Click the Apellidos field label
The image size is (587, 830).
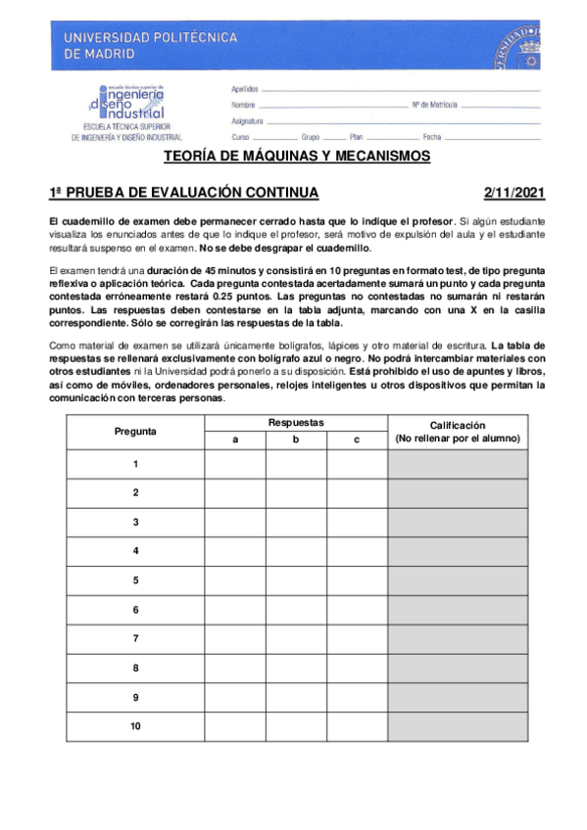tap(245, 88)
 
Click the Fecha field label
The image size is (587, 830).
tap(432, 137)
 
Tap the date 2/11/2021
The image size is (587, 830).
tap(515, 192)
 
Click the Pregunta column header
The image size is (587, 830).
tap(135, 431)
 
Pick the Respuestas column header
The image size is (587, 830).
tap(296, 422)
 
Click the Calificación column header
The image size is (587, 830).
tap(458, 432)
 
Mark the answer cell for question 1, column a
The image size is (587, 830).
tap(234, 464)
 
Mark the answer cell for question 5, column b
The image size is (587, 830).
tap(295, 580)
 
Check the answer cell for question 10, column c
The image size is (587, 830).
tap(357, 726)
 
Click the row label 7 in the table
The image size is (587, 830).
tap(135, 638)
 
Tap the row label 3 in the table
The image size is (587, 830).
tap(135, 522)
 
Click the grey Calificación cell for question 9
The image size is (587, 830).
tap(458, 697)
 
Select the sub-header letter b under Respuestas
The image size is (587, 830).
tap(295, 439)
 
